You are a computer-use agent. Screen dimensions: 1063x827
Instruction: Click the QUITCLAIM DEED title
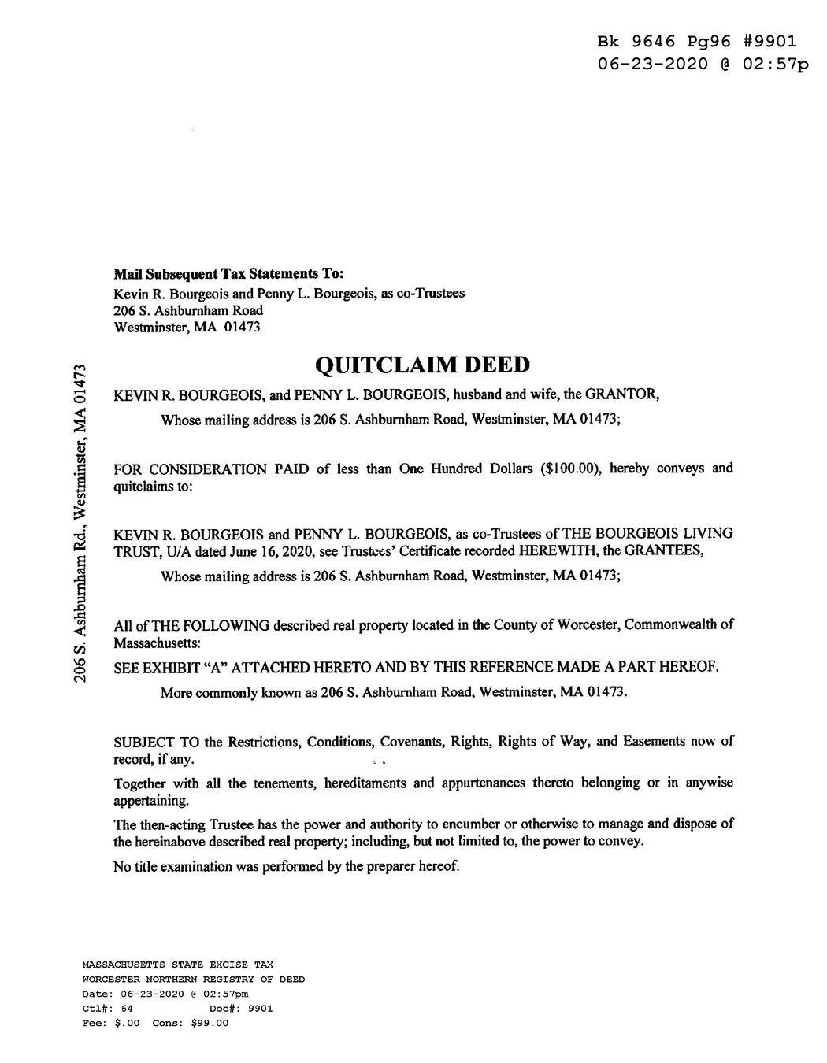coord(422,365)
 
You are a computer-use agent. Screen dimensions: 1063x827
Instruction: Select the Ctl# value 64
coord(128,1009)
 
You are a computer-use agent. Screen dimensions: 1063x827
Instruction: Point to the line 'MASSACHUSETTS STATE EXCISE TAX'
coord(178,965)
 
